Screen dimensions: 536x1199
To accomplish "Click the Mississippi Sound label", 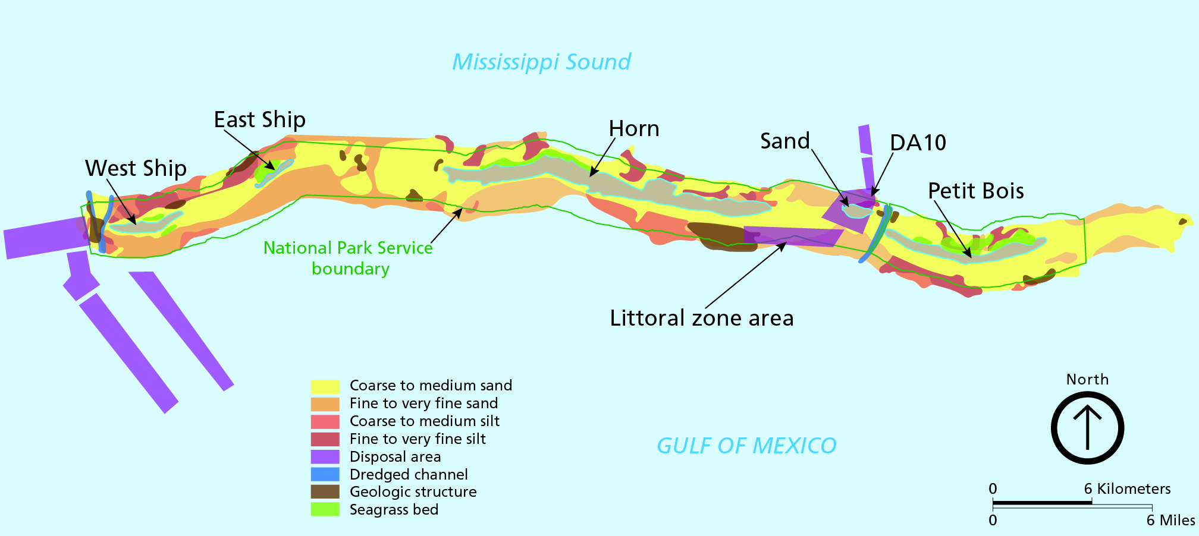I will point(541,62).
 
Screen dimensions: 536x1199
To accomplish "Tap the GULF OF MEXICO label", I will point(746,446).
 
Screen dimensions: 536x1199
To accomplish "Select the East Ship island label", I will point(259,119).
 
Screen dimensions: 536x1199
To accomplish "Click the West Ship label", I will point(136,168).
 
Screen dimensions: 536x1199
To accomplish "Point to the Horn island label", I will point(634,129).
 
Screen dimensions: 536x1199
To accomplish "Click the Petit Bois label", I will point(976,191).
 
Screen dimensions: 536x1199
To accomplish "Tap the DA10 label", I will point(918,143).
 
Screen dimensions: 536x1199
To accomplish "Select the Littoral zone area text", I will point(702,318).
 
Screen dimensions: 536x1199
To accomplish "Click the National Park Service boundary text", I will point(349,258).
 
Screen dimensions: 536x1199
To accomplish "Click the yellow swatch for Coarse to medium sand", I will point(325,386).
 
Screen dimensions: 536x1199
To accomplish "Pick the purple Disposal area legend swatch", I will point(325,457).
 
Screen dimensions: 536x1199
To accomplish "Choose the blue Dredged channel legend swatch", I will point(325,474).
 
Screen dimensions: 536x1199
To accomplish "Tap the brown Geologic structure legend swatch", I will point(325,492).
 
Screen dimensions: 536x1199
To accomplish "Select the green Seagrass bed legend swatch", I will point(325,509).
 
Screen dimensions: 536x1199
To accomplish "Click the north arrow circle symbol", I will point(1087,428).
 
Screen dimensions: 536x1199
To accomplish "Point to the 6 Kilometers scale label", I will point(1127,489).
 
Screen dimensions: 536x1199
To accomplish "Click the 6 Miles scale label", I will point(1170,521).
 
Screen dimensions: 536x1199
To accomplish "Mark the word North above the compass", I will point(1087,379).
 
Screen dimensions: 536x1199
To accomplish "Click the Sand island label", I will point(785,141).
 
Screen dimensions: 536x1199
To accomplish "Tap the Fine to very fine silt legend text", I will point(418,439).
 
